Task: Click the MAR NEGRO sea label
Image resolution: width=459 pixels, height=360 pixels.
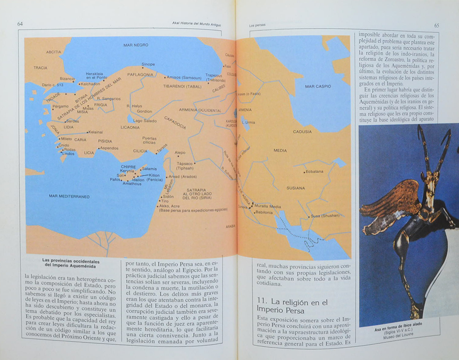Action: point(136,45)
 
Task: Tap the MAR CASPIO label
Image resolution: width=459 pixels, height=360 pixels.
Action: point(319,86)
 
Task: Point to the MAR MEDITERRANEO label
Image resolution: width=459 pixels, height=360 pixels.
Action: point(69,196)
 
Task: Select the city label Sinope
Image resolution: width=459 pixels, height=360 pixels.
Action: point(148,64)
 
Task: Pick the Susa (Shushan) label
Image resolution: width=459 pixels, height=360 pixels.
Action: point(325,215)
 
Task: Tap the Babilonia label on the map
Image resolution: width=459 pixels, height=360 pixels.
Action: point(264,213)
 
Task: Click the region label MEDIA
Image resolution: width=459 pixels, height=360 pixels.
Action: point(280,150)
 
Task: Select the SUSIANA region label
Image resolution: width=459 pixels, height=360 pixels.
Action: point(296,188)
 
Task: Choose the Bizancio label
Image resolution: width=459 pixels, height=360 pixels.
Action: point(67,79)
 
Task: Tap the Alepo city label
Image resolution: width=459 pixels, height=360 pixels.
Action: point(180,152)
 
